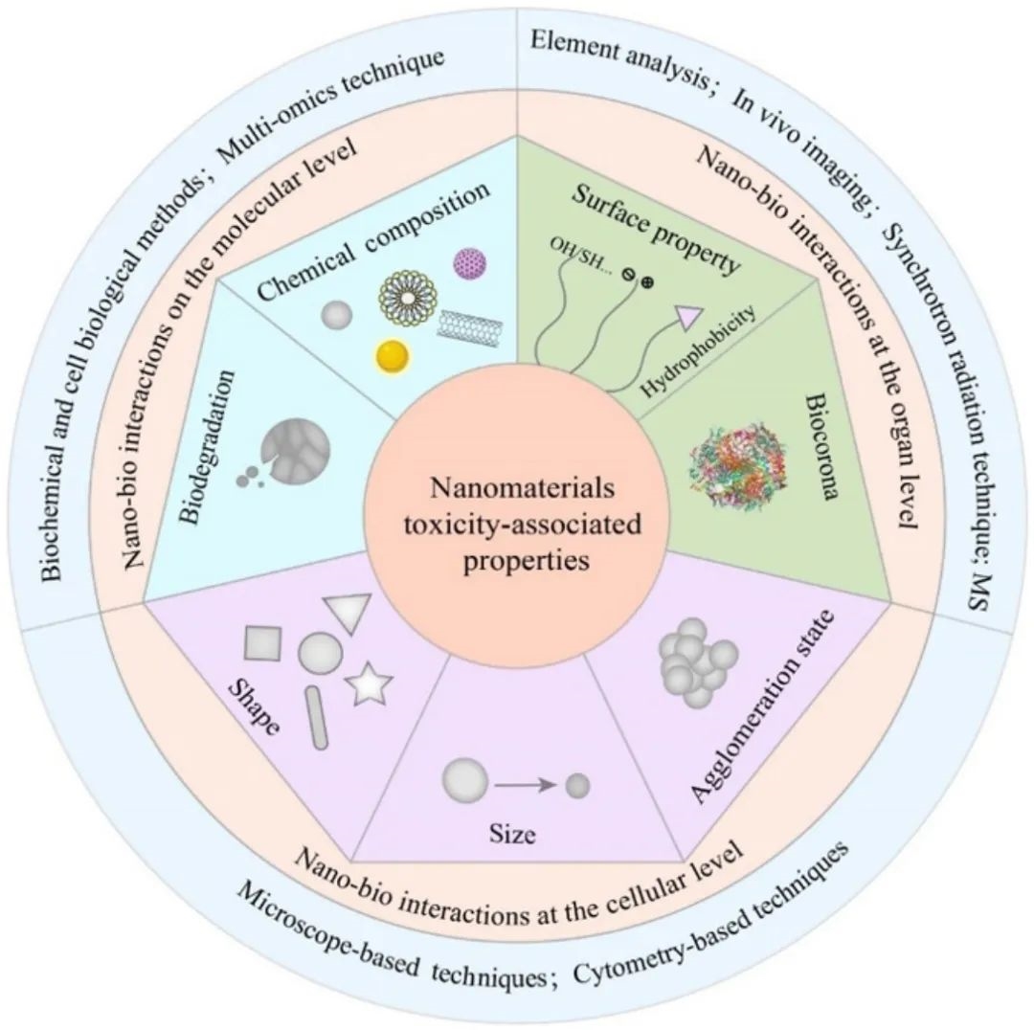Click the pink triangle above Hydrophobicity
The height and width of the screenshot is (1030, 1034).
689,316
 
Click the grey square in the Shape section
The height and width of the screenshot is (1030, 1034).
262,642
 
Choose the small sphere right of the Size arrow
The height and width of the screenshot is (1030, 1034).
577,786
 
